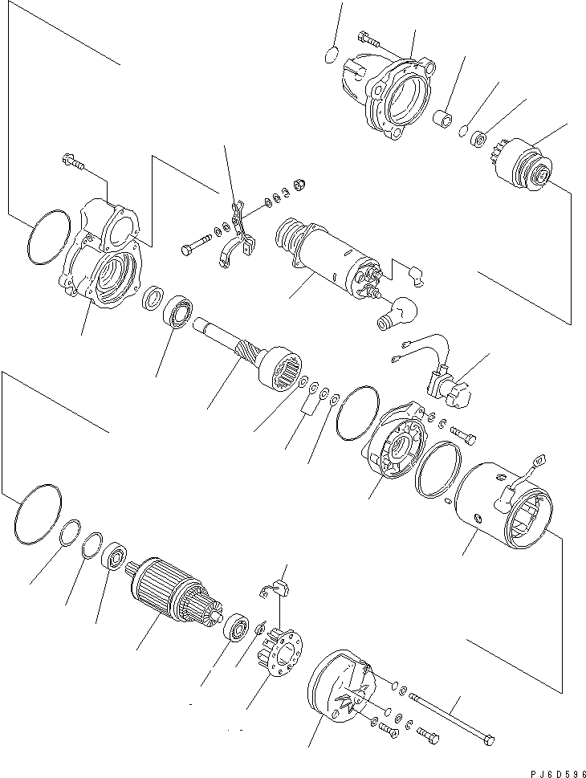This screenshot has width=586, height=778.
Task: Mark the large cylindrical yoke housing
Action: [502, 506]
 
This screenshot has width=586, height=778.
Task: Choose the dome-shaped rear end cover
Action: [337, 694]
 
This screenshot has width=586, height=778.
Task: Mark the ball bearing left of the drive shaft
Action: [181, 314]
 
